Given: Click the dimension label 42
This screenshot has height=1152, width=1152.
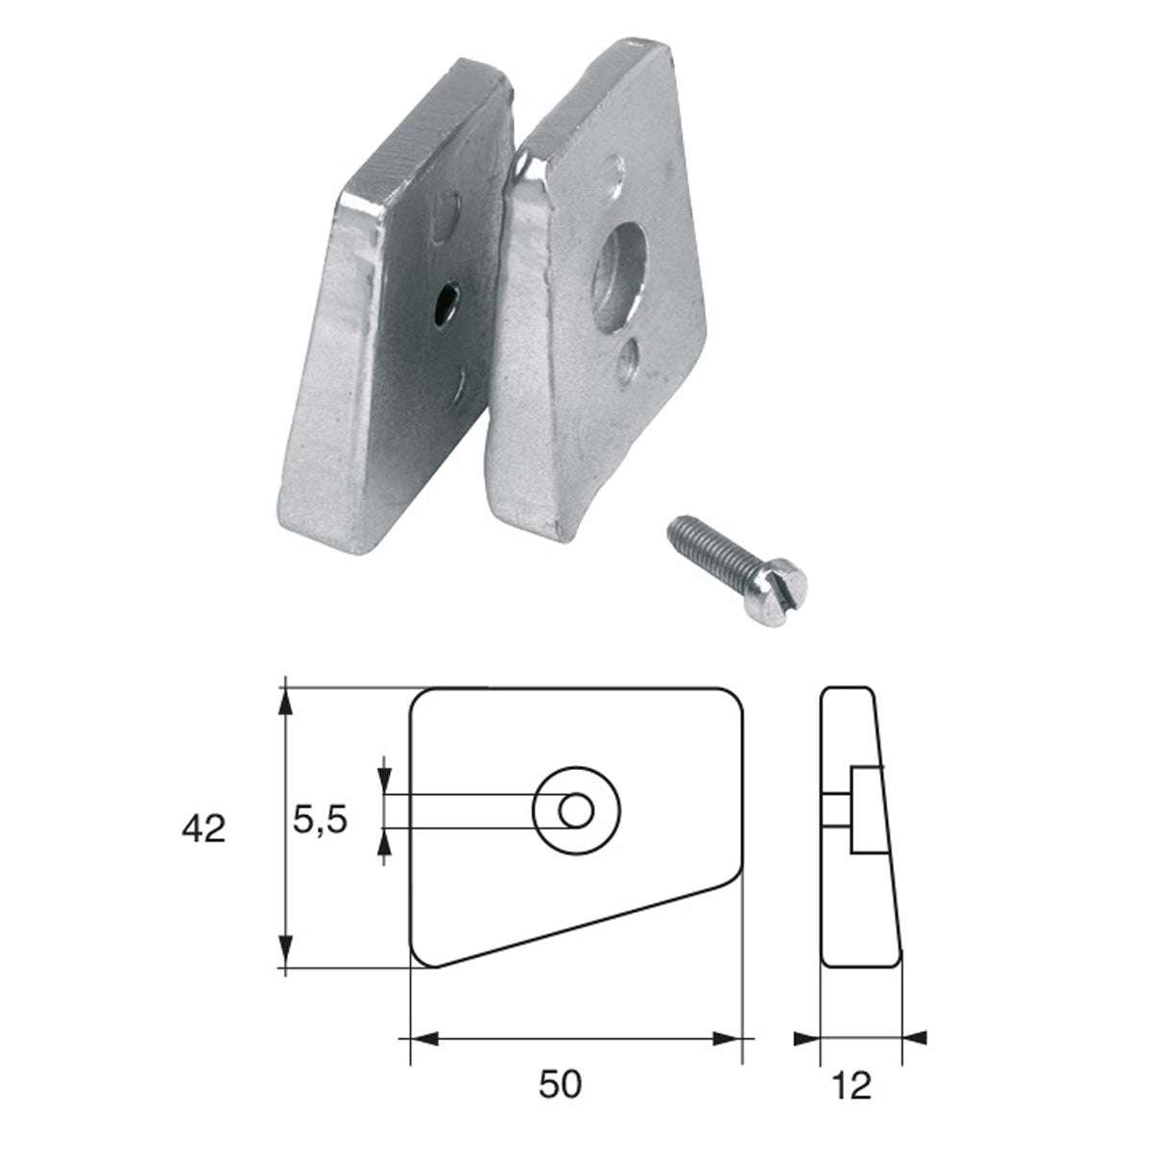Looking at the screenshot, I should (204, 828).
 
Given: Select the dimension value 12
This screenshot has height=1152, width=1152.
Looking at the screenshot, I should (852, 1085).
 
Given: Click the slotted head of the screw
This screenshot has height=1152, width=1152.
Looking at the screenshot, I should (791, 578).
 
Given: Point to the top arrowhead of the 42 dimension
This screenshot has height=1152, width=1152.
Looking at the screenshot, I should (285, 701).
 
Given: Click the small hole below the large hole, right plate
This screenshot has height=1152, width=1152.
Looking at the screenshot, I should (630, 360).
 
